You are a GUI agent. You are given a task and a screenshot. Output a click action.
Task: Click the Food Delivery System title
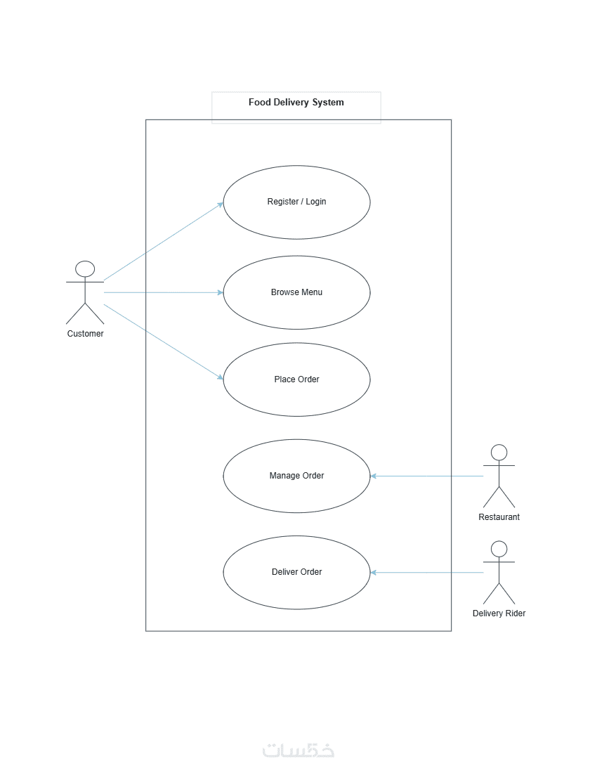(296, 102)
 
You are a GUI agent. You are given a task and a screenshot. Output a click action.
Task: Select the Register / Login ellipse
(296, 202)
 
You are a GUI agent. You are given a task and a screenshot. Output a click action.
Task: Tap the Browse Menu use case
(296, 292)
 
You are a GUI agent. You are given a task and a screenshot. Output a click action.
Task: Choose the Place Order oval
(296, 379)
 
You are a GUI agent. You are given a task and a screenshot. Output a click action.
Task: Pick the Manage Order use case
(296, 476)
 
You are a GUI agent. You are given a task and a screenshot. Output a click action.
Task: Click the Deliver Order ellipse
(296, 572)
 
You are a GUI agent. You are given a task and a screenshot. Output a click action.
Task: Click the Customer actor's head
(85, 269)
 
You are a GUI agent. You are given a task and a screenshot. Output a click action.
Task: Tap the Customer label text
(85, 334)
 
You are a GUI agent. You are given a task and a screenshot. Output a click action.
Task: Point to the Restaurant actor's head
(499, 453)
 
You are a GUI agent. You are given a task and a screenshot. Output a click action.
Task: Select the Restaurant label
(499, 517)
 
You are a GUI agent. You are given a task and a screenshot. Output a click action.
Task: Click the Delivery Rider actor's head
(499, 550)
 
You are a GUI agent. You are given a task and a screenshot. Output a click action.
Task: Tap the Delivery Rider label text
(499, 613)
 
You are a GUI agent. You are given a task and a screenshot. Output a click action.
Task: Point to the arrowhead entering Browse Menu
(221, 293)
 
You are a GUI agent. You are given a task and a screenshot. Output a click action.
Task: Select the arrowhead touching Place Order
(221, 377)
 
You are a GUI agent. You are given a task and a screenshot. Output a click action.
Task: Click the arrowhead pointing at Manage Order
(374, 476)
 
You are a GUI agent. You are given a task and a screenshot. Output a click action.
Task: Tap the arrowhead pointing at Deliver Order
(374, 572)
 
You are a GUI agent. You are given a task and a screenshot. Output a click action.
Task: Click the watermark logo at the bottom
(298, 750)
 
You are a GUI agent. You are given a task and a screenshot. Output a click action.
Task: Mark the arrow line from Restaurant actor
(426, 476)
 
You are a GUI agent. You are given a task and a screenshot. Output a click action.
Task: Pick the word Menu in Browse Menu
(311, 292)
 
